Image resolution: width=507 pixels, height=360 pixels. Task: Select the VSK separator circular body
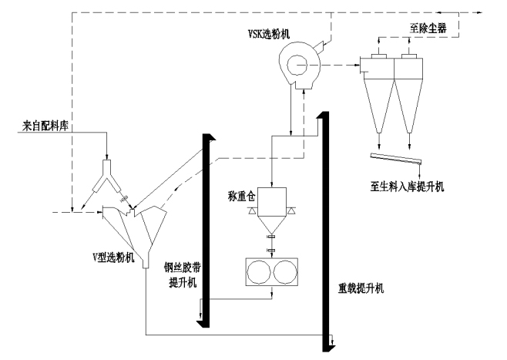[297, 61]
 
